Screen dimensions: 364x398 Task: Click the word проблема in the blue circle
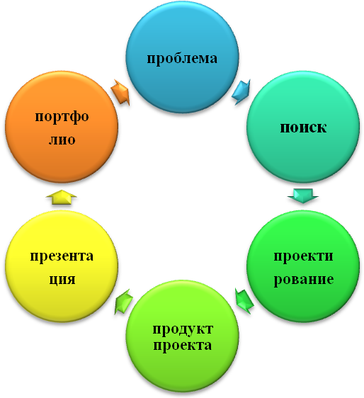pos(182,59)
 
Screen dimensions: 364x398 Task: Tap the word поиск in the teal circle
pos(303,127)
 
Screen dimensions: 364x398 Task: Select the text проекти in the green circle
pos(303,257)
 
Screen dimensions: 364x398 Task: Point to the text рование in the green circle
pos(304,280)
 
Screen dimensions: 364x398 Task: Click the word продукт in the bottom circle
pos(183,329)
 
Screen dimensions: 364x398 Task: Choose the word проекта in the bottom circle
pos(182,346)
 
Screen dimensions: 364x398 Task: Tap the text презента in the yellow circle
pos(62,256)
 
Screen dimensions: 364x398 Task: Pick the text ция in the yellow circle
pos(62,280)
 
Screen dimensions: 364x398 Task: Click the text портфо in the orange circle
pos(62,118)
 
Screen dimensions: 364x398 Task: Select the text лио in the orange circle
pos(62,140)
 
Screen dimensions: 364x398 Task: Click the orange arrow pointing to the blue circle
pos(120,92)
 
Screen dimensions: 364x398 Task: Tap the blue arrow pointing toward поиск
pos(241,92)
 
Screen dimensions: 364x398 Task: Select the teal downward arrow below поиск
pos(303,195)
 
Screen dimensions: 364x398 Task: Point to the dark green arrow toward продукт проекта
pos(244,301)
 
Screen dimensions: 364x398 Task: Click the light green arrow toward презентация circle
pos(124,302)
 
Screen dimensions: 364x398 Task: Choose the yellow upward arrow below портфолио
pos(61,197)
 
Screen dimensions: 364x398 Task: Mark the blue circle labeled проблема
pos(183,57)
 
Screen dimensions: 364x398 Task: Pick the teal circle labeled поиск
pos(303,127)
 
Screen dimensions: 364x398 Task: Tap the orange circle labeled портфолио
pos(62,127)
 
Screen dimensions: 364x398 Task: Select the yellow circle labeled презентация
pos(62,266)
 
